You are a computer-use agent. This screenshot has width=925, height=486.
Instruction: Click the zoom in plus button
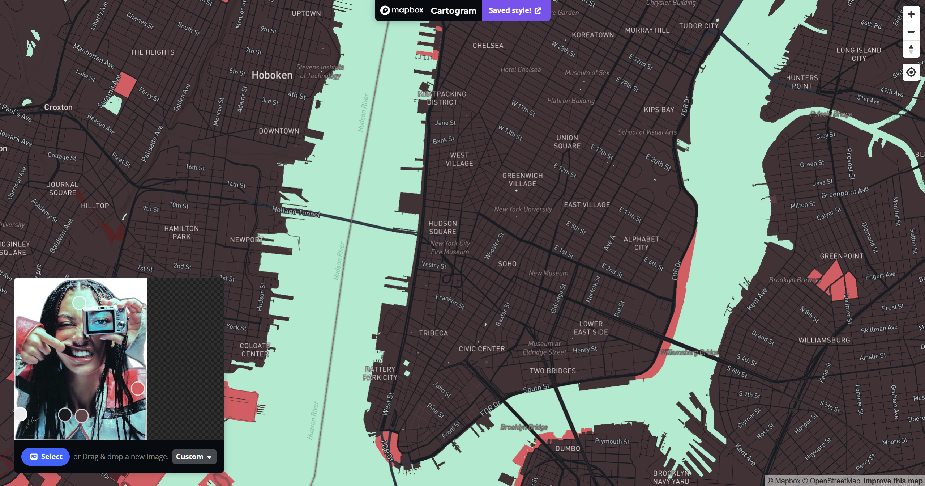(911, 14)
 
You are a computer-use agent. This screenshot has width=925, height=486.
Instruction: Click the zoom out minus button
(911, 31)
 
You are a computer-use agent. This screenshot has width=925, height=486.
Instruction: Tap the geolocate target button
(911, 72)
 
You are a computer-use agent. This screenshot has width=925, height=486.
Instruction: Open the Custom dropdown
(194, 457)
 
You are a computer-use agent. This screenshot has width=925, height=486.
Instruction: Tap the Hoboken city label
(272, 75)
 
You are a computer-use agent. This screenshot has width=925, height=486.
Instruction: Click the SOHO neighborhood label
(507, 264)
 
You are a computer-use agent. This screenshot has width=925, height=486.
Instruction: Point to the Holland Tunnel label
(296, 212)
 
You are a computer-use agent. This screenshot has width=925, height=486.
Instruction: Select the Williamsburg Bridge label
(689, 352)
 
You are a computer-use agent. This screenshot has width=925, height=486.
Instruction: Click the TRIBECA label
(433, 333)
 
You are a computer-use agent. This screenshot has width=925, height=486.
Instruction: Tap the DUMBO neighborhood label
(568, 448)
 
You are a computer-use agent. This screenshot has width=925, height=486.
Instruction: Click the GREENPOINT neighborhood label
(842, 256)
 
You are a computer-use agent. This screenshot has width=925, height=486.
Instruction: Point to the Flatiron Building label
(571, 101)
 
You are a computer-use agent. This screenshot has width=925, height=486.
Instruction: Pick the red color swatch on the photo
(137, 388)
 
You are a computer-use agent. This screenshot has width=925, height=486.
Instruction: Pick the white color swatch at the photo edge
(21, 414)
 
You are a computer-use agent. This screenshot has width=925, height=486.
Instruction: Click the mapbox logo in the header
(402, 10)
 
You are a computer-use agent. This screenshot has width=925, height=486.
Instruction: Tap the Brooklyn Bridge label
(524, 427)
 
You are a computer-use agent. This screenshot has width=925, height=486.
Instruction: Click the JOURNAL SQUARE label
(63, 189)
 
